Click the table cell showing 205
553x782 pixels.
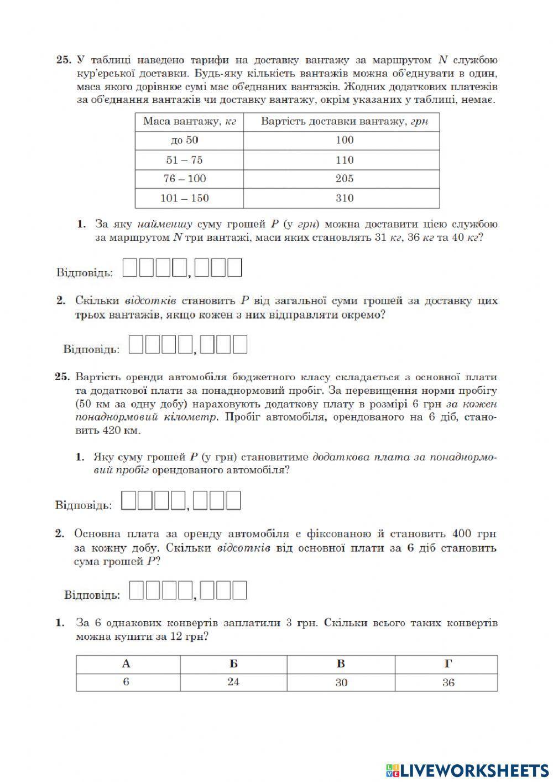(344, 179)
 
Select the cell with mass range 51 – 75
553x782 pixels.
(184, 160)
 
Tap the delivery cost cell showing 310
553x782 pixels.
(344, 198)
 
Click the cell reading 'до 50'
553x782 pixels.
(184, 140)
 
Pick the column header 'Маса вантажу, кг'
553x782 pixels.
(189, 121)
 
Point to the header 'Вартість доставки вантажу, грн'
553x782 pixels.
(344, 121)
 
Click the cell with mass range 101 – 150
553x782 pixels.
(184, 198)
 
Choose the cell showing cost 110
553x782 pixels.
(344, 160)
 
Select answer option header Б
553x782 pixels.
(233, 664)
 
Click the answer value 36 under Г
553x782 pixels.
(448, 682)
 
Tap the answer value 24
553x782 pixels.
(233, 682)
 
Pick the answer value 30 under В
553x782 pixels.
(341, 682)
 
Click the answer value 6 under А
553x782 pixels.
(126, 682)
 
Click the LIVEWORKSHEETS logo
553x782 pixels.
(467, 770)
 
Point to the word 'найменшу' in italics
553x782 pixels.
(165, 224)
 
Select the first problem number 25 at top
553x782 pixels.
(63, 60)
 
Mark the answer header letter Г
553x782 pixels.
(448, 664)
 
